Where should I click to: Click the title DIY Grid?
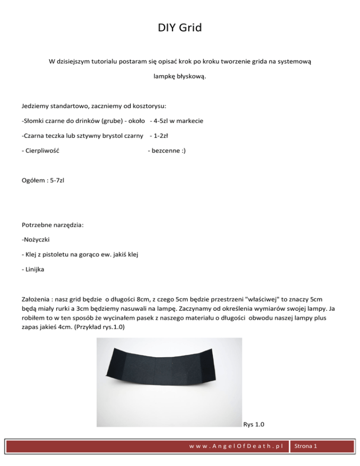pyautogui.click(x=180, y=28)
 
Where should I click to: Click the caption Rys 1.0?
pyautogui.click(x=254, y=425)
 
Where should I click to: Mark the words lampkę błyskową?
pyautogui.click(x=180, y=76)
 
